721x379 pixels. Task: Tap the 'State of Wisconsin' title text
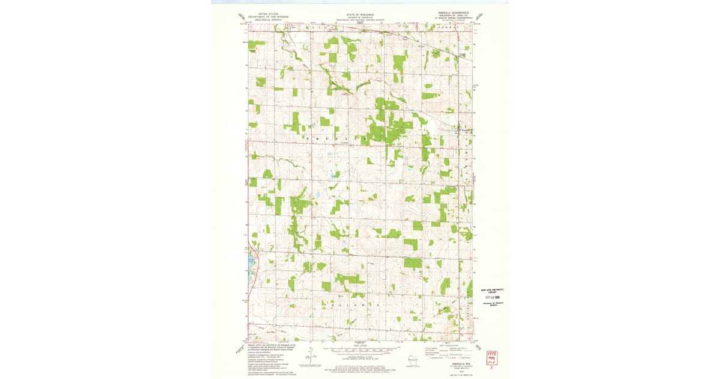(360, 13)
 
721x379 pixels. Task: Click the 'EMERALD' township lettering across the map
(336, 139)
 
